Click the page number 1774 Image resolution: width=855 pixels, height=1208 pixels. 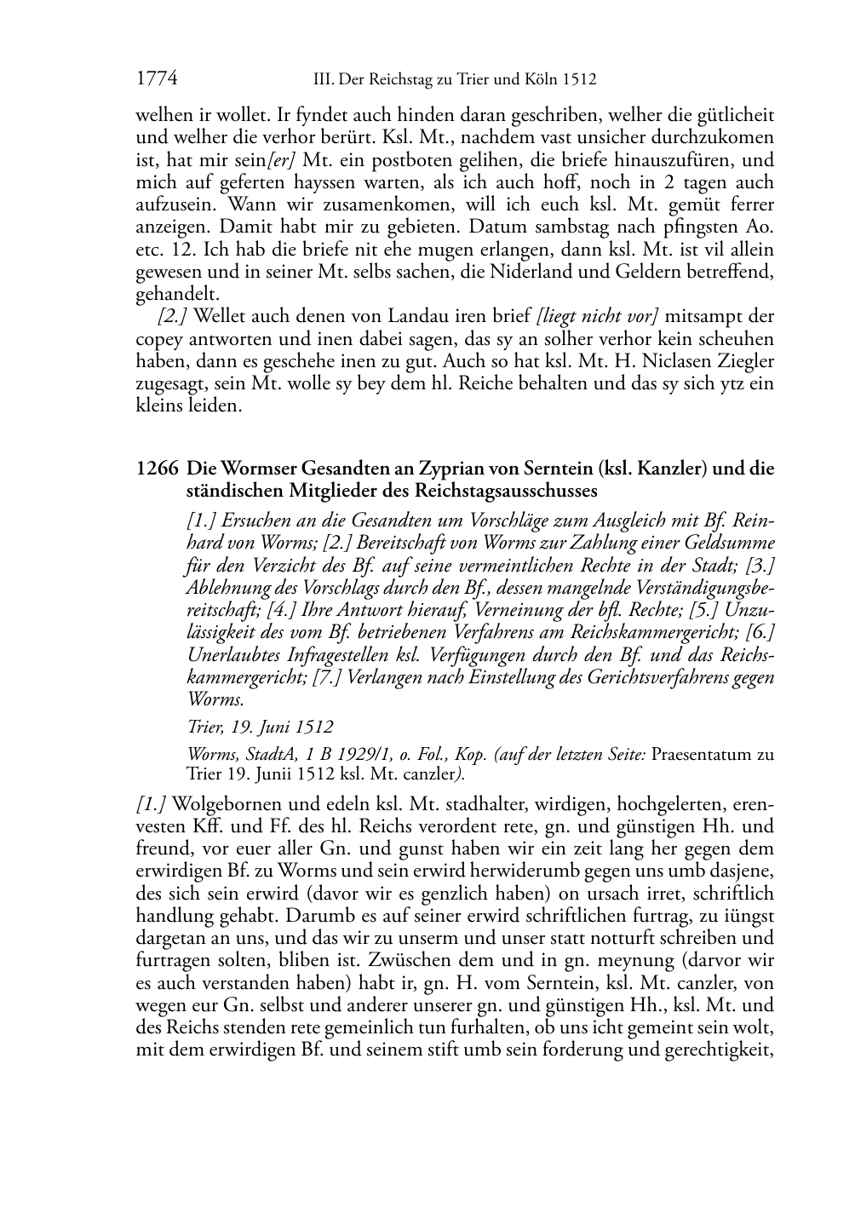point(157,79)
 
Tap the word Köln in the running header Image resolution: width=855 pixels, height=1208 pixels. point(540,80)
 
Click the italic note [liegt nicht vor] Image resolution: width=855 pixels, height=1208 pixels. point(598,317)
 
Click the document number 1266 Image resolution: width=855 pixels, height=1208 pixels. point(157,469)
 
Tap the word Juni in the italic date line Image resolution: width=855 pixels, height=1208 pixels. point(272,727)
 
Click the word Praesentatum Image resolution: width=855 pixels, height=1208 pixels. point(699,754)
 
